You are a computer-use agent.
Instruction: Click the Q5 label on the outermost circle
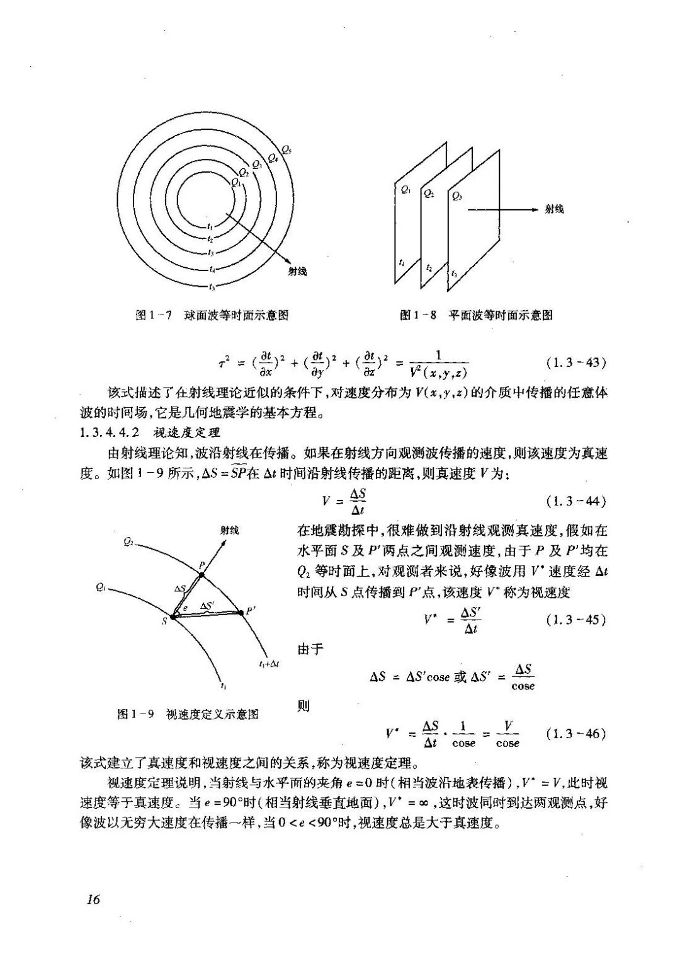pos(286,150)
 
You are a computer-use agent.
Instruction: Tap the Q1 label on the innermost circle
pos(236,183)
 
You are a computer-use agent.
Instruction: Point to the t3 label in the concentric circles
pos(212,252)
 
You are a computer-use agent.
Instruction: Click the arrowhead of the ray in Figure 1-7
pos(288,262)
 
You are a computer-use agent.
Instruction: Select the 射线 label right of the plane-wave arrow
pos(554,209)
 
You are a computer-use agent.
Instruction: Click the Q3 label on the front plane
pos(457,197)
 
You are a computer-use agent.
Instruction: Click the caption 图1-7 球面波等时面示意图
pos(212,315)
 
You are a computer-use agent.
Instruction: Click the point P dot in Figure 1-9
pos(201,575)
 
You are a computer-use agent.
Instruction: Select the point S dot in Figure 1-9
pos(173,616)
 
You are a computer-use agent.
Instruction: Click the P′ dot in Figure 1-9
pos(240,612)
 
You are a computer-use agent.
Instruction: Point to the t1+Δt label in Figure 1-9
pos(269,664)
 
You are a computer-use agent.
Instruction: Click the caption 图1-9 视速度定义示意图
pos(188,714)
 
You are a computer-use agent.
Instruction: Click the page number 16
pos(93,899)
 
